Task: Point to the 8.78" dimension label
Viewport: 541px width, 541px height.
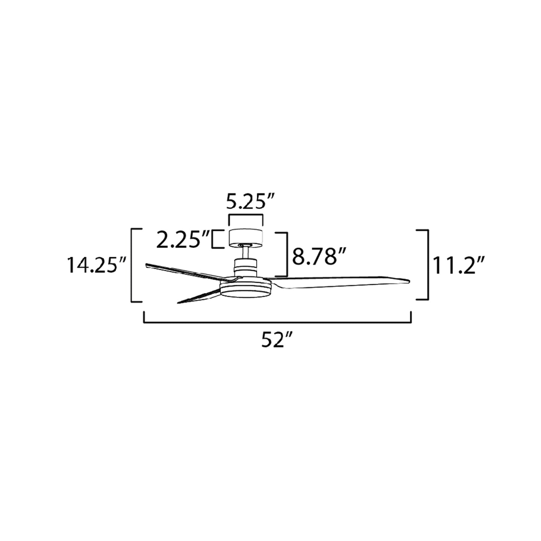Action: point(318,256)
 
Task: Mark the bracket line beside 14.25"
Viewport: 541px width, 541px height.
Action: point(132,265)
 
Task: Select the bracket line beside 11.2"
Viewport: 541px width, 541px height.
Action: point(428,265)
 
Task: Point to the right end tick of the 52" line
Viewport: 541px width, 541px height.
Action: point(411,317)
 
